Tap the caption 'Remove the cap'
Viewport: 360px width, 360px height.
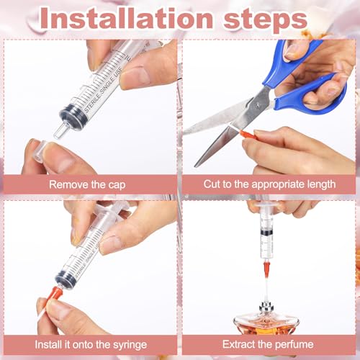(x=89, y=184)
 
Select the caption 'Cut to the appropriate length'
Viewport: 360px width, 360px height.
(x=270, y=184)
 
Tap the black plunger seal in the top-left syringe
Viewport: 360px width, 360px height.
(x=71, y=114)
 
